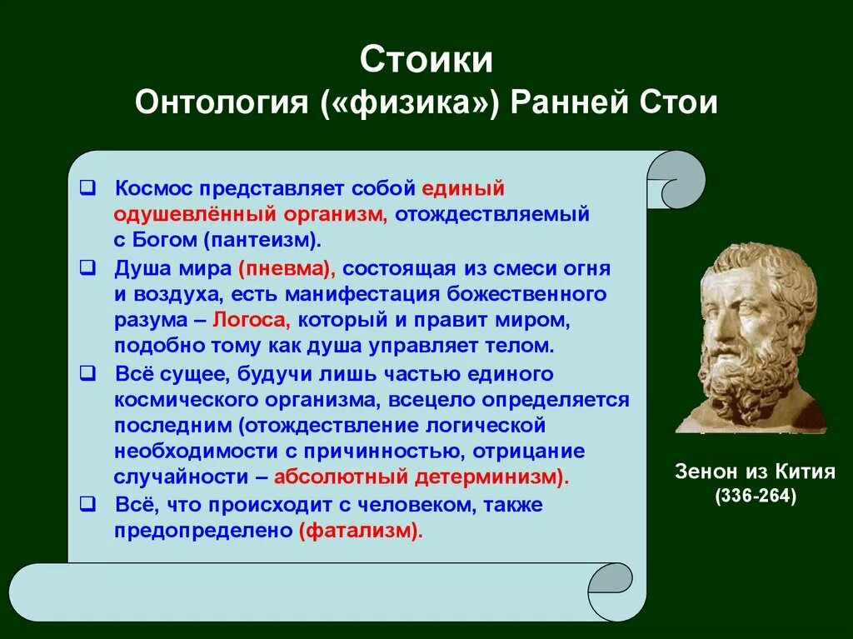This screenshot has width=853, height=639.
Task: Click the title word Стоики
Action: [x=426, y=59]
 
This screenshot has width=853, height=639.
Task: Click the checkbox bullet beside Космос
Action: [x=87, y=188]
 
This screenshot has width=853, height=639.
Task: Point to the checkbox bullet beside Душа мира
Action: [x=87, y=267]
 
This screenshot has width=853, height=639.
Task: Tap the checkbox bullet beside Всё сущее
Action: [x=87, y=373]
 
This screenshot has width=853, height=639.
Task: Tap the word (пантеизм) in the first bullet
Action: [x=262, y=240]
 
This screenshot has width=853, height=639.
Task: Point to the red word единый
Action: [x=463, y=189]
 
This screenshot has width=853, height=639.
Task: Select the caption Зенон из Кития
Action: [x=755, y=471]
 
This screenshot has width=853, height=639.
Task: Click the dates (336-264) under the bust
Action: [x=756, y=496]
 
